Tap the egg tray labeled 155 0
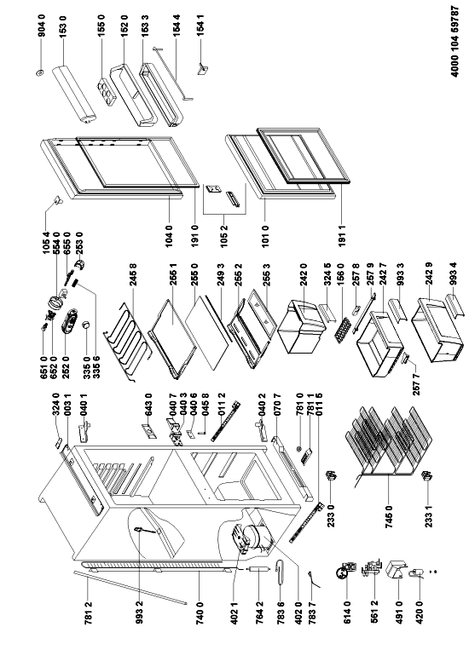tap(107, 91)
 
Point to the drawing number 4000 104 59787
tap(455, 41)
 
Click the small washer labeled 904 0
tap(40, 73)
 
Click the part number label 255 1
tap(174, 276)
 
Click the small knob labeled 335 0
tap(86, 325)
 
